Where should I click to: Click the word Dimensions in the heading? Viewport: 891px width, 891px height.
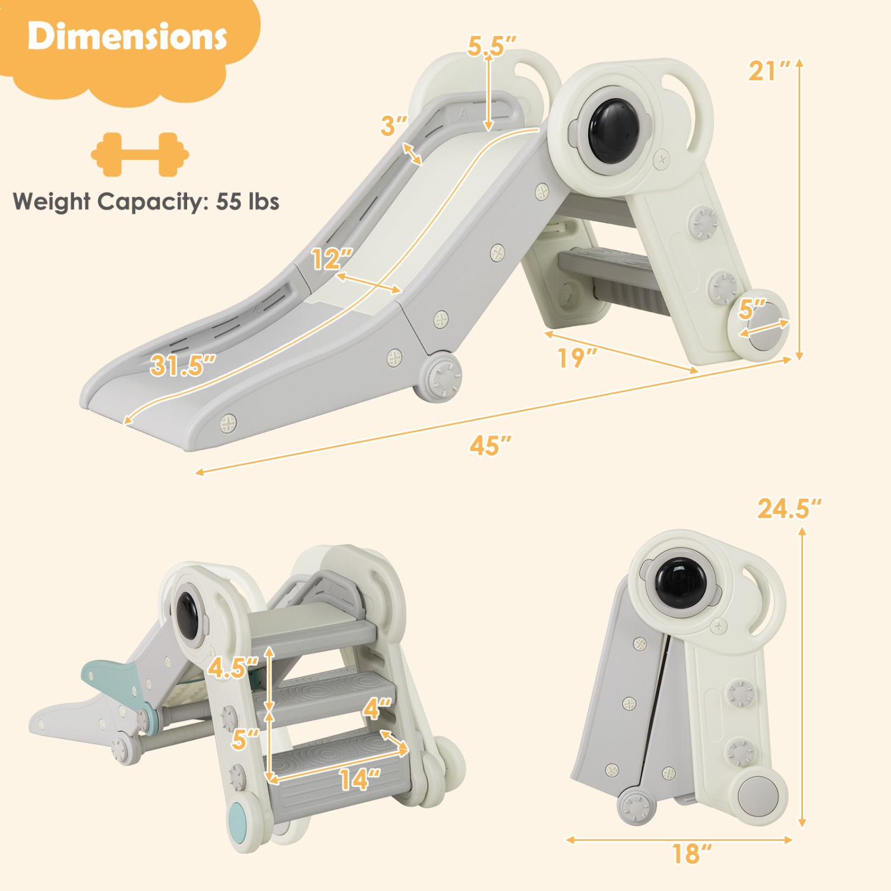(127, 37)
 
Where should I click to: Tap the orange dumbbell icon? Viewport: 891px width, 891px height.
(140, 154)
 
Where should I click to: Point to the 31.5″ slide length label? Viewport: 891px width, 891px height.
(182, 365)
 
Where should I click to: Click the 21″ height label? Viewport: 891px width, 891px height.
(769, 71)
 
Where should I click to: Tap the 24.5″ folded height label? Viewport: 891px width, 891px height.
(788, 509)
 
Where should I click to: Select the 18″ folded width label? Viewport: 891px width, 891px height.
(691, 854)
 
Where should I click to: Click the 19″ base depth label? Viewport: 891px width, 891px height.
(576, 358)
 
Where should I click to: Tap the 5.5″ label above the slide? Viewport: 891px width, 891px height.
(491, 46)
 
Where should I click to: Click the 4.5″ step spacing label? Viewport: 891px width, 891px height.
(232, 668)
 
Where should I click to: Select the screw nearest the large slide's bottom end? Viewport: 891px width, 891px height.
(228, 423)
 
